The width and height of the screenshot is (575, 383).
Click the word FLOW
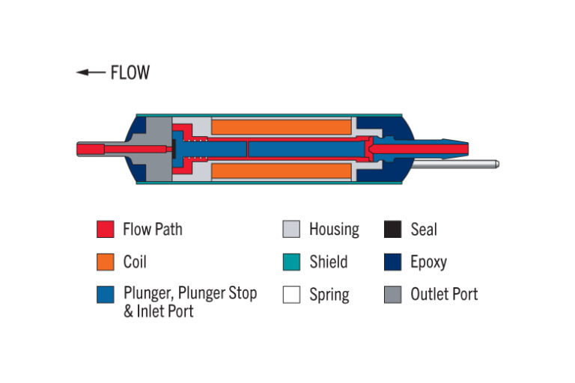coord(130,73)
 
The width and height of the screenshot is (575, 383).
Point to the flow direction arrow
coord(91,73)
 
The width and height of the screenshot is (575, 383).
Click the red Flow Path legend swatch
coord(106,229)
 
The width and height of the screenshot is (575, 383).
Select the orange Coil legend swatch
coord(106,262)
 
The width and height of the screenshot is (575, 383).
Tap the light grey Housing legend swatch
coord(291,229)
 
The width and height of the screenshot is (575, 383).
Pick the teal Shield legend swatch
coord(291,262)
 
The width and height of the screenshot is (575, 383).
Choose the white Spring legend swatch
coord(291,294)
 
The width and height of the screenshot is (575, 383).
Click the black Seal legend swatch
coord(393,229)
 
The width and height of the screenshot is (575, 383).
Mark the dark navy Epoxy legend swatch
coord(393,262)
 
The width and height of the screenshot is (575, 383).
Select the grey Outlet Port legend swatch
coord(393,294)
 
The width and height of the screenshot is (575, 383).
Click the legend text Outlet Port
coord(444,294)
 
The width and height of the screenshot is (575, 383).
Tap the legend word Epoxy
coord(429,263)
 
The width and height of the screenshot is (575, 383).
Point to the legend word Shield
coord(329,262)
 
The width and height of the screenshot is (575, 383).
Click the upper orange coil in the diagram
coord(282,127)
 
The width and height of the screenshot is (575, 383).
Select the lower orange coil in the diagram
coord(282,171)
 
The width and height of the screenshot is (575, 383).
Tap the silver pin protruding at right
coord(455,164)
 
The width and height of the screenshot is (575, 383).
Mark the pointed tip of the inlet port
coord(468,149)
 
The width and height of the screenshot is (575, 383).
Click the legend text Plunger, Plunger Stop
coord(190,292)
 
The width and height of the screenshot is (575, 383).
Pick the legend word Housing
coord(335,230)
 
